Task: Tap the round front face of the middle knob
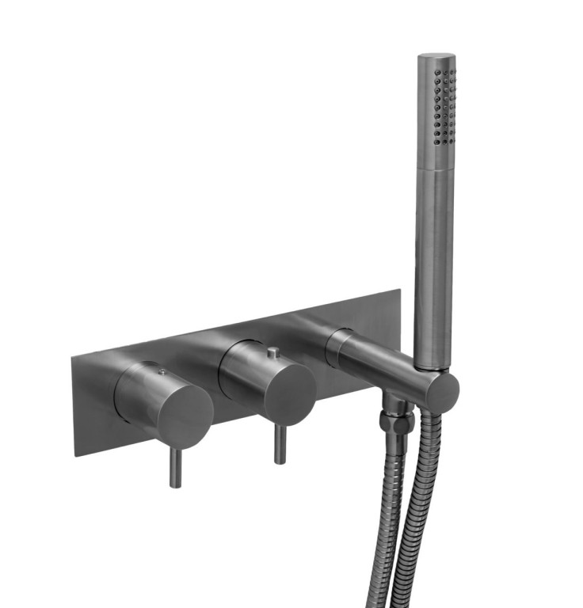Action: click(x=290, y=394)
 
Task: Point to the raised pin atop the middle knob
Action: click(x=272, y=351)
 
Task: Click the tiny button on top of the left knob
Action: click(x=162, y=370)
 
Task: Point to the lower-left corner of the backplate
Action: click(x=77, y=454)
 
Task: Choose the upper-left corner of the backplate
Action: click(x=72, y=357)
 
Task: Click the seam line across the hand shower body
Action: click(x=435, y=169)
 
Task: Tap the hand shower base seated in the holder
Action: click(x=434, y=360)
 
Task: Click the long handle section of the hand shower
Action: click(x=434, y=261)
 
